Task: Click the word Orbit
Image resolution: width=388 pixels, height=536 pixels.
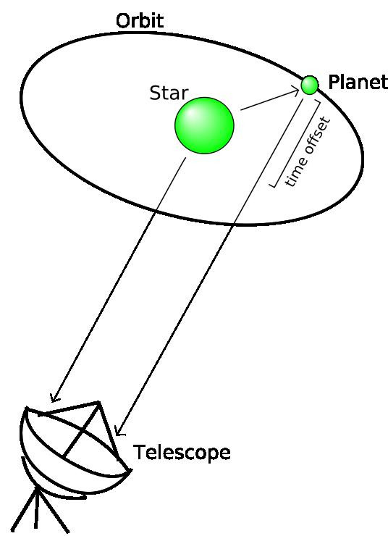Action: [x=140, y=21]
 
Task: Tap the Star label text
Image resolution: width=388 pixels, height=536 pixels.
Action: [x=169, y=93]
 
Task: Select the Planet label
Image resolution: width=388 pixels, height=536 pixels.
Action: [x=358, y=82]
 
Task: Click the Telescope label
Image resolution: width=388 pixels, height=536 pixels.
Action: [x=182, y=452]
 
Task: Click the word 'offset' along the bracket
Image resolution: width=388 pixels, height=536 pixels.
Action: [x=316, y=137]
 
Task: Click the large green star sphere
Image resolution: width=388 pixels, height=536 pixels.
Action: [x=204, y=125]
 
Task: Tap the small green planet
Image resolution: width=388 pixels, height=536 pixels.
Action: [x=310, y=85]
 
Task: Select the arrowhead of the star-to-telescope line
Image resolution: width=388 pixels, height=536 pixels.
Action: [x=54, y=397]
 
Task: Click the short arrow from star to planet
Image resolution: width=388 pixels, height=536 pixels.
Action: [x=270, y=100]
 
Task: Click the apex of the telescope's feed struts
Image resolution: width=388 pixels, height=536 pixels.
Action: [x=99, y=403]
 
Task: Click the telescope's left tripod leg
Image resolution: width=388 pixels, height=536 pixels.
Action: [x=24, y=511]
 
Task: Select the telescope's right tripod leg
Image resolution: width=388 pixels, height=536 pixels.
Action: [x=54, y=511]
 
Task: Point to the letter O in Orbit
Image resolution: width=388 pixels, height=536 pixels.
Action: [x=123, y=21]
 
